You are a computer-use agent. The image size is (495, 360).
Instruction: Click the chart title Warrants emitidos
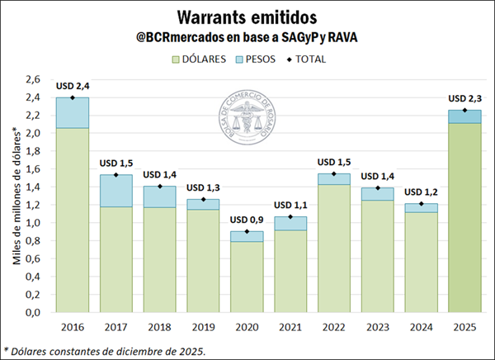[x=247, y=17]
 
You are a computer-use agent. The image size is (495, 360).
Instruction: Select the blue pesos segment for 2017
[x=116, y=191]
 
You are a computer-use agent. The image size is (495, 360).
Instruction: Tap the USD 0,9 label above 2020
[x=247, y=219]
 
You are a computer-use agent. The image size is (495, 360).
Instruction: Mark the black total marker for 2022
[x=334, y=173]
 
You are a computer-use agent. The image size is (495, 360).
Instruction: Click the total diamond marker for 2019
[x=203, y=199]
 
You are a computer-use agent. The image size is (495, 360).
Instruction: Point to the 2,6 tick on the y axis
[x=32, y=79]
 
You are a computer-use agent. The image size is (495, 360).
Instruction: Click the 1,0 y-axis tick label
[x=32, y=223]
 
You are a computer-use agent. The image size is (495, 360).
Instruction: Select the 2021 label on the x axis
[x=290, y=327]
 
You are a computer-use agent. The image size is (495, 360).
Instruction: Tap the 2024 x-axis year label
[x=422, y=327]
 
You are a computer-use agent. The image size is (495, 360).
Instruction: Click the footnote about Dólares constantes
[x=104, y=350]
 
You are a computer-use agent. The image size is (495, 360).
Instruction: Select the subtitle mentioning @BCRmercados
[x=247, y=37]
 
